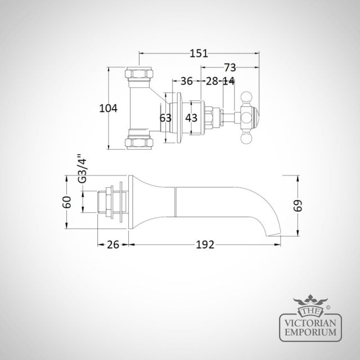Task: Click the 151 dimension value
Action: coord(199,53)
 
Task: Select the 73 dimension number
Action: coord(230,67)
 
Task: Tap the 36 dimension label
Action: coord(186,81)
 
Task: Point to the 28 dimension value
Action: coord(211,81)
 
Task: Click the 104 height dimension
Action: coord(108,108)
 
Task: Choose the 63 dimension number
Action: coord(165,118)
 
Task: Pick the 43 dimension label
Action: coord(191,118)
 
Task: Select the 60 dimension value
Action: coord(67,202)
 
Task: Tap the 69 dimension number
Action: coord(298,205)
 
